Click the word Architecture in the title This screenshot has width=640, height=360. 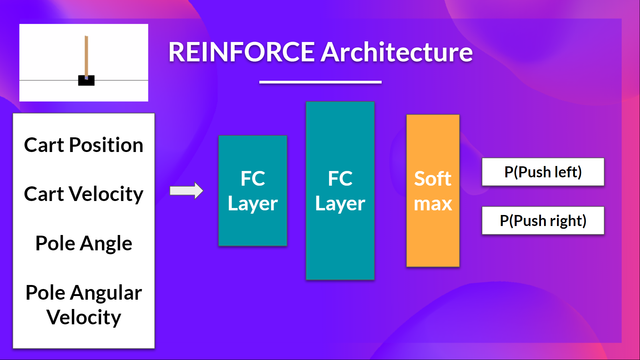397,52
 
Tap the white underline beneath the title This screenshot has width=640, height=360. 320,82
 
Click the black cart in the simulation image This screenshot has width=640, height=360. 86,81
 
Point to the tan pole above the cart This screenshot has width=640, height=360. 86,55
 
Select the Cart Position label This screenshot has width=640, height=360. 84,145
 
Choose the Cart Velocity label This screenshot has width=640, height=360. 84,194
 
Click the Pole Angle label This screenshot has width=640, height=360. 84,243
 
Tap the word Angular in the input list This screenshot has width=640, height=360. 106,293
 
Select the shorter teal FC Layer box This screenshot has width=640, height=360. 253,191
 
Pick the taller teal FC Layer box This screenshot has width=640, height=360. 340,191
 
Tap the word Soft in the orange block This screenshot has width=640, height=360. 433,179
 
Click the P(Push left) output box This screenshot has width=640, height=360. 543,172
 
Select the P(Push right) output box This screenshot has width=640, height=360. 543,221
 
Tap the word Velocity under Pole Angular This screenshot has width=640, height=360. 84,317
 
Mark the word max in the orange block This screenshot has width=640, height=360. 433,204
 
